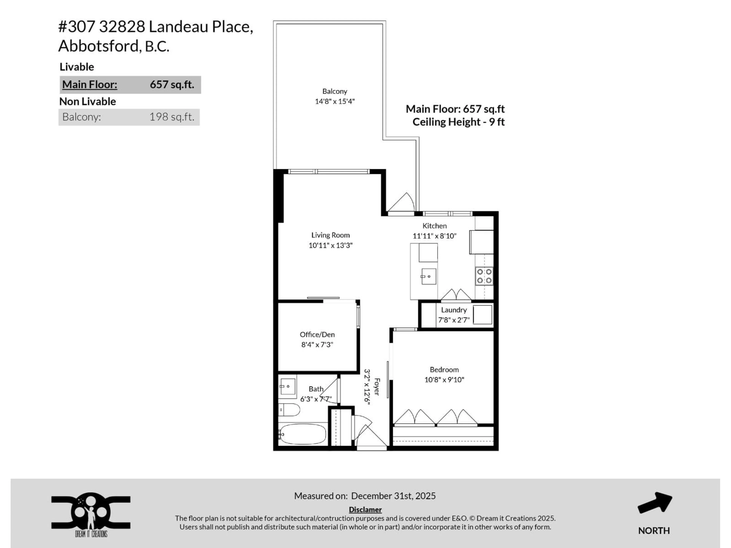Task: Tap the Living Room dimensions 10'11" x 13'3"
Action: [330, 245]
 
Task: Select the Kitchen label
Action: [434, 226]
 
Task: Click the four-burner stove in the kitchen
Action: [484, 276]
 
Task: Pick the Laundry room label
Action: [454, 310]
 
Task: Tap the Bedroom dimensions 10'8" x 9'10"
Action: [444, 380]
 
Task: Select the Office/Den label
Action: [317, 334]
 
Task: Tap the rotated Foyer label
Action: [377, 386]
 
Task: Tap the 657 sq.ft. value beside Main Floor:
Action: [172, 84]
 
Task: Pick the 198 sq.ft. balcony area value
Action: [172, 117]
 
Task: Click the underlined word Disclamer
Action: [365, 510]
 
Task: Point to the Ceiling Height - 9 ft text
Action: [458, 122]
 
